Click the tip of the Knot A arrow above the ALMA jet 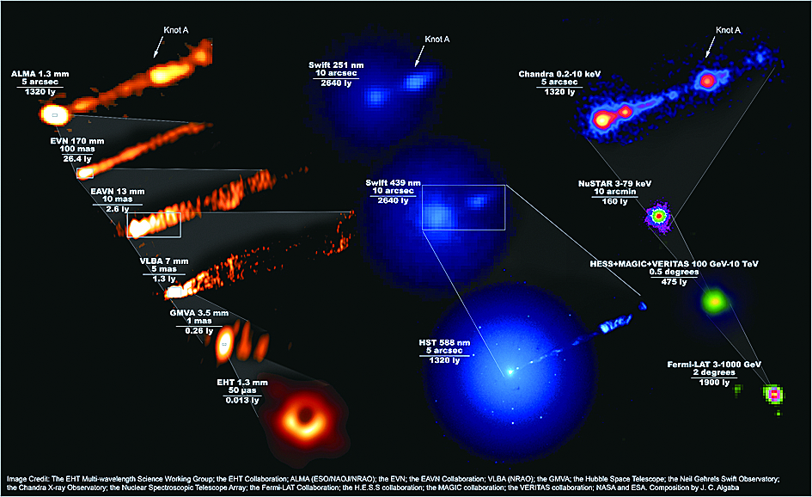click(155, 57)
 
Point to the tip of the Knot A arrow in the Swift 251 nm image click(415, 66)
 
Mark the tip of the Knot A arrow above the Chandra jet click(706, 58)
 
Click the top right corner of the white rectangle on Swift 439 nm click(505, 185)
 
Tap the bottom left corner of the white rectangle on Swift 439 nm click(422, 230)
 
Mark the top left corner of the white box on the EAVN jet click(127, 212)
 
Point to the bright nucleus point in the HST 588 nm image click(510, 371)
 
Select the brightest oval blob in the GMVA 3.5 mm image click(223, 344)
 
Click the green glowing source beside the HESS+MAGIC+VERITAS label click(715, 301)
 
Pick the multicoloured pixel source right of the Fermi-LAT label click(773, 396)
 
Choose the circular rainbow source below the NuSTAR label click(659, 216)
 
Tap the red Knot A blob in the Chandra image click(708, 80)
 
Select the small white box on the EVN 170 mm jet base click(85, 173)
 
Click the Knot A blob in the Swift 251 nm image click(416, 82)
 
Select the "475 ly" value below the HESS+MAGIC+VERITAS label click(674, 281)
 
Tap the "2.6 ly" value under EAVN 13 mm click(117, 209)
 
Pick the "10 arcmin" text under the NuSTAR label click(614, 192)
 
